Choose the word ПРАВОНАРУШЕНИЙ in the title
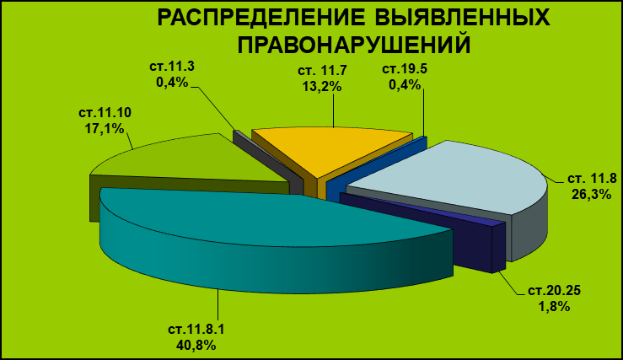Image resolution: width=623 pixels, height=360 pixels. click(x=354, y=45)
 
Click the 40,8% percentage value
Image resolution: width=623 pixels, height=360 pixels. click(x=196, y=344)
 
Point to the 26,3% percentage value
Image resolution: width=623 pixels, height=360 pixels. click(x=591, y=194)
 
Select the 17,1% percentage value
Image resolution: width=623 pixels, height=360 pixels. click(x=105, y=129)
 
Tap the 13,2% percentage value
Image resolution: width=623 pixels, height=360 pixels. click(x=322, y=86)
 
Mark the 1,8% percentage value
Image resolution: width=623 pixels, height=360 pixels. click(x=554, y=306)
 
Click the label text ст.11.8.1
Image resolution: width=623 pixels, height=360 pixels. click(x=196, y=329)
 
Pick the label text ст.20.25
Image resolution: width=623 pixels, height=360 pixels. click(x=554, y=291)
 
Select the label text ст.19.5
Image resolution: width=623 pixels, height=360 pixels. click(x=405, y=69)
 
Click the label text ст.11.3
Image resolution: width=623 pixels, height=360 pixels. click(x=172, y=66)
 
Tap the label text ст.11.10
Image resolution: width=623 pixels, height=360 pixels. click(x=105, y=112)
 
